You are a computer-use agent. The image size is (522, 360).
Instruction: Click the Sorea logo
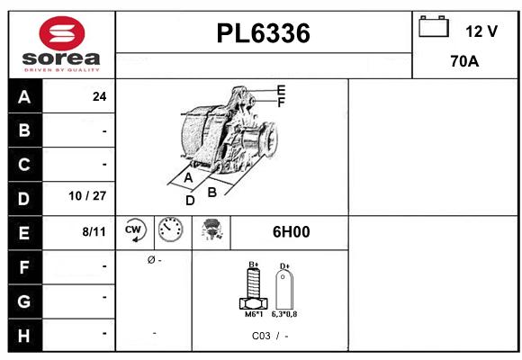pos(60,45)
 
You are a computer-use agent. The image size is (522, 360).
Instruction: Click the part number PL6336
pos(264,34)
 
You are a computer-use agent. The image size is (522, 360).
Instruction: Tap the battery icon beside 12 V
pos(434,27)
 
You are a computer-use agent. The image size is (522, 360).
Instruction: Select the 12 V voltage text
pos(481,31)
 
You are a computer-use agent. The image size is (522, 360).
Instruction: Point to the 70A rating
pos(463,63)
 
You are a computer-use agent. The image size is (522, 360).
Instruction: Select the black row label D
pos(24,197)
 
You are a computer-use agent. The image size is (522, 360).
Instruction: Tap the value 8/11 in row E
pos(94,231)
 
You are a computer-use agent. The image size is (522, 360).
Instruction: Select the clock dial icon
pos(169,230)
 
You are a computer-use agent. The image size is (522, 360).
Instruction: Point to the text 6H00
pos(291,232)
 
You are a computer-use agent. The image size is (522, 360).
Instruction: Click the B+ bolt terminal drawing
pos(253,289)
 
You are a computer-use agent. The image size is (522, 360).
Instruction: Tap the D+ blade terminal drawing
pos(284,289)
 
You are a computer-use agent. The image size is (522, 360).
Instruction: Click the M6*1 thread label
pos(253,315)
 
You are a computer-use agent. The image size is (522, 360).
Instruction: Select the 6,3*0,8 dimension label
pos(285,315)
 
